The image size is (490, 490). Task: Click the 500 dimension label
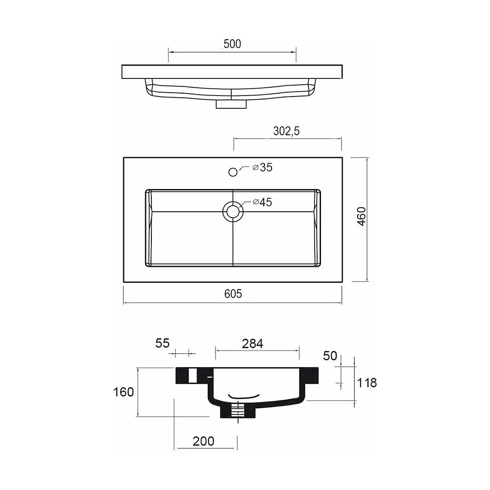(x=232, y=44)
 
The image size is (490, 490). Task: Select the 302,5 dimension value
(x=286, y=131)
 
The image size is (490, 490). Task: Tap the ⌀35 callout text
(x=263, y=168)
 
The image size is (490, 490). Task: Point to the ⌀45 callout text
(x=263, y=202)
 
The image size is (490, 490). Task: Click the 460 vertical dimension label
(x=361, y=216)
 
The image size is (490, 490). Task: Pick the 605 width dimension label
(x=233, y=294)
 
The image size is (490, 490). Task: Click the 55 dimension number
(x=163, y=343)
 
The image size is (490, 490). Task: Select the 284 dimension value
(x=252, y=344)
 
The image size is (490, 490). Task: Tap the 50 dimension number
(x=330, y=356)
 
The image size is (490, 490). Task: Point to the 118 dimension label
(x=367, y=383)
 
